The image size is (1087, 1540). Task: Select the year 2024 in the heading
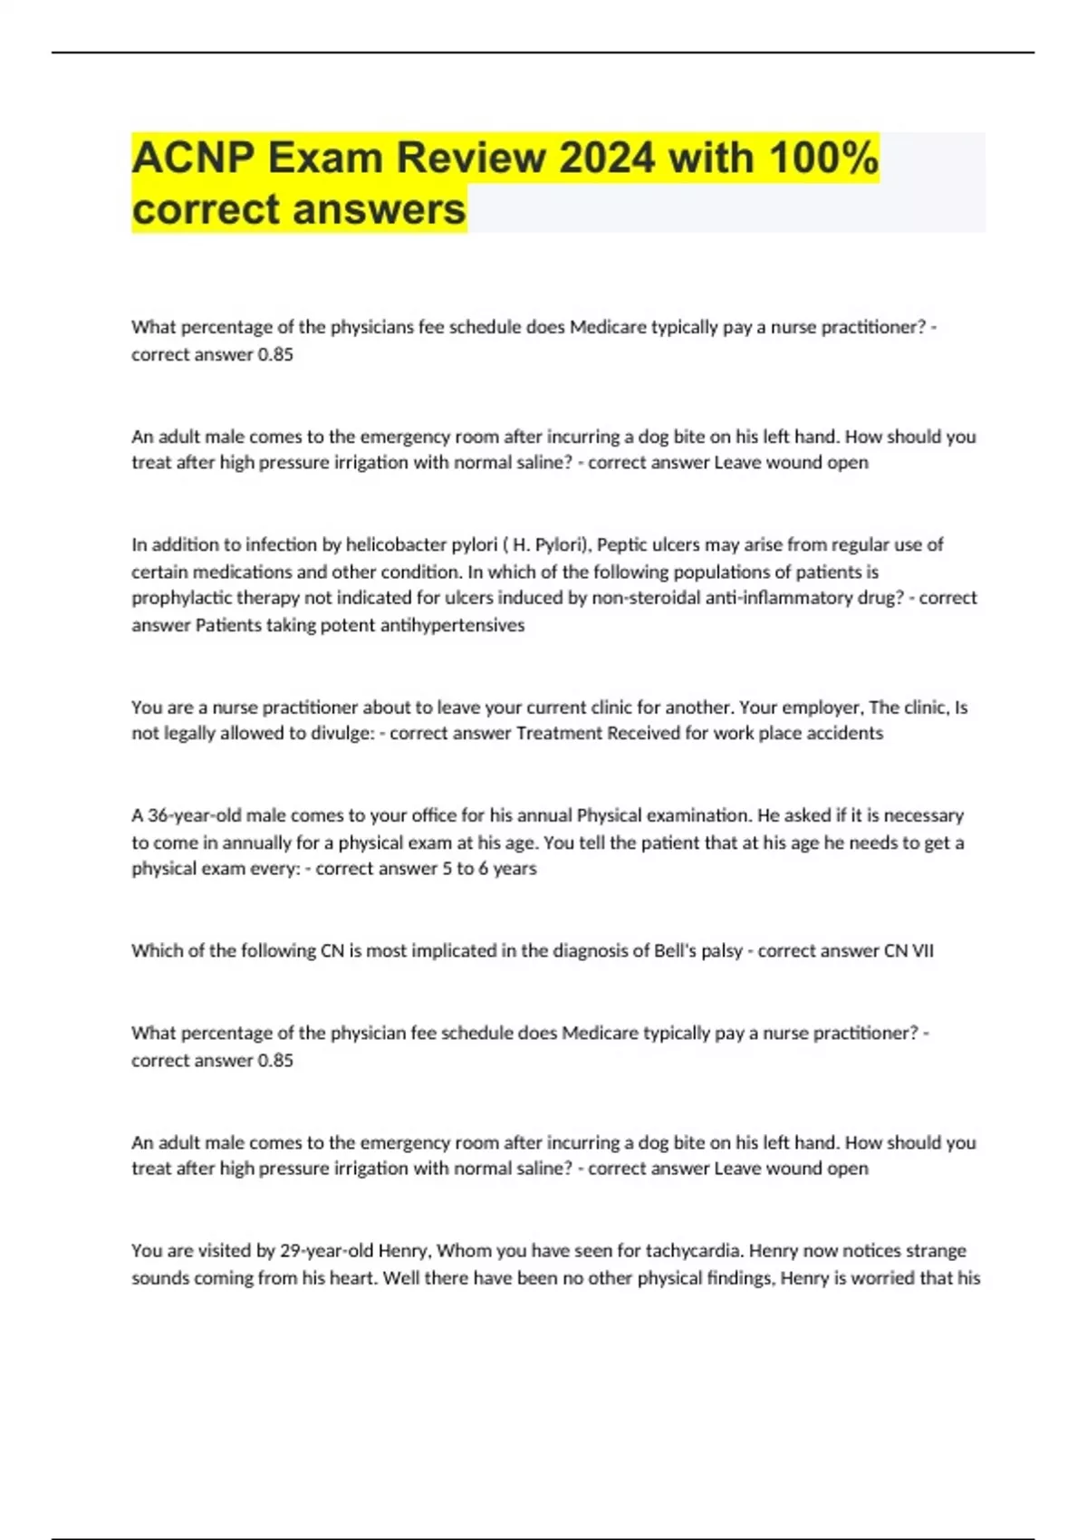click(606, 159)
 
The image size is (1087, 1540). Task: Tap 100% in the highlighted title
click(822, 159)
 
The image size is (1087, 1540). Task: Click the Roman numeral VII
click(922, 951)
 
